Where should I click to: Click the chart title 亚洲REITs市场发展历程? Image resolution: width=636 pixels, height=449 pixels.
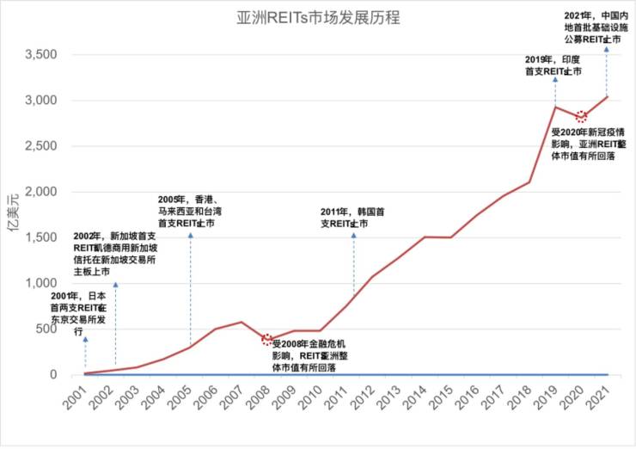pyautogui.click(x=317, y=17)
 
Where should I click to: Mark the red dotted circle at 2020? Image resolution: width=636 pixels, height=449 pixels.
pyautogui.click(x=581, y=116)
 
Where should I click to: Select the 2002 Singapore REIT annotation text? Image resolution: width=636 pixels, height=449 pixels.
pyautogui.click(x=115, y=254)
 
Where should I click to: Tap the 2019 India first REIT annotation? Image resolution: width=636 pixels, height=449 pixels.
pyautogui.click(x=552, y=65)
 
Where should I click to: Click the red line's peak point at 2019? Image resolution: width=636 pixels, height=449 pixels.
pyautogui.click(x=555, y=107)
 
